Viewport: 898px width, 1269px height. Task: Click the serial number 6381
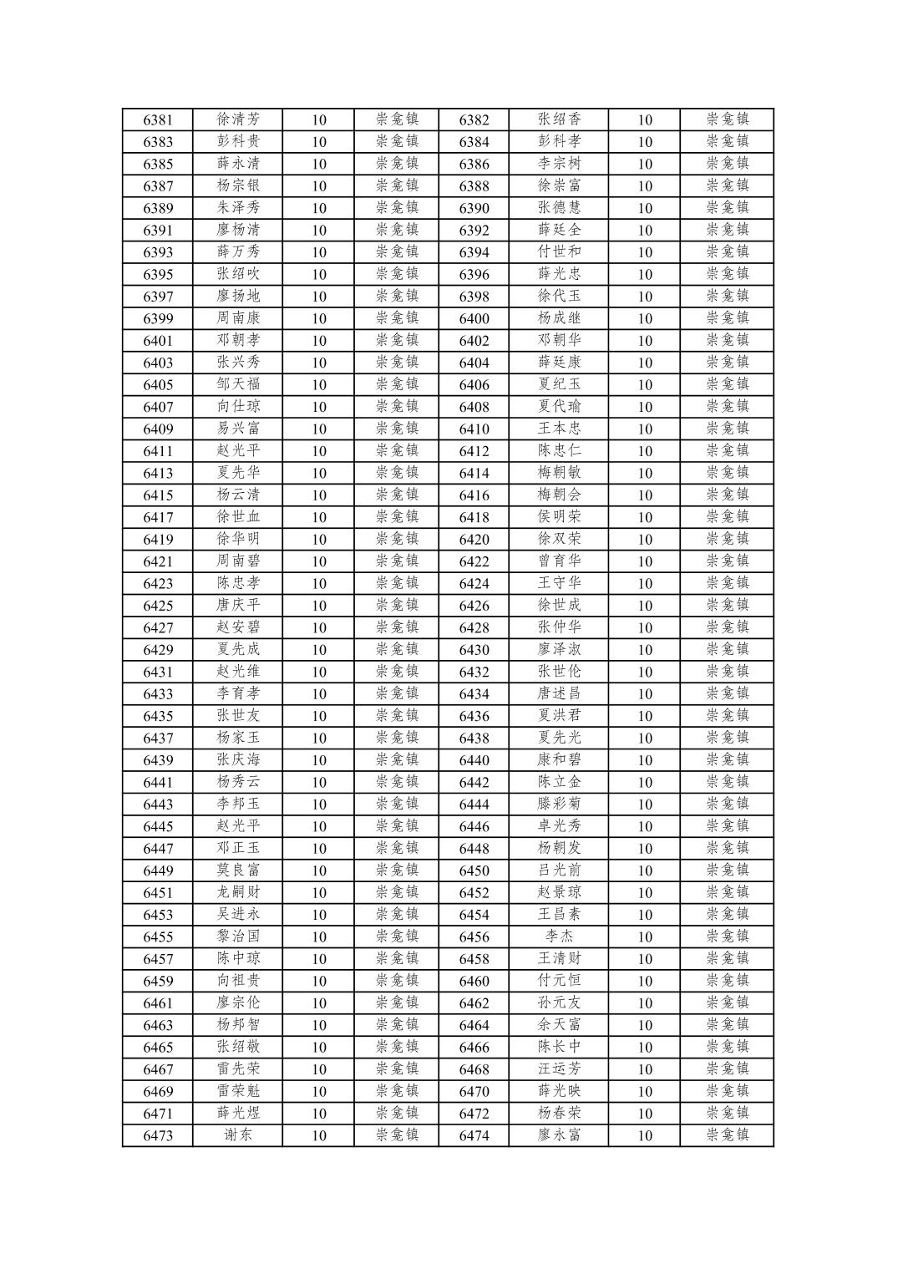[x=158, y=119]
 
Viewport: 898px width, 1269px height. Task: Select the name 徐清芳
[x=238, y=119]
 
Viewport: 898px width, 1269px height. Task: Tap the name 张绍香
[x=559, y=119]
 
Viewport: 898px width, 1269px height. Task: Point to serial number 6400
[x=474, y=318]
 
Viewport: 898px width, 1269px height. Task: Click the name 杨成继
[x=559, y=318]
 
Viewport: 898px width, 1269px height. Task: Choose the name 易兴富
[x=238, y=429]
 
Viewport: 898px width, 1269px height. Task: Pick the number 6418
[x=474, y=517]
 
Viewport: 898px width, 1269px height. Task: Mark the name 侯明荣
[x=559, y=517]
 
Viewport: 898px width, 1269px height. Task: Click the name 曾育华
[x=559, y=561]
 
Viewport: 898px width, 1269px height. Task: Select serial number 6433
[x=158, y=694]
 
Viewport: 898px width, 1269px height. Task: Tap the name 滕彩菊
[x=559, y=805]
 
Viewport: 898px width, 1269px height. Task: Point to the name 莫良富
[x=238, y=871]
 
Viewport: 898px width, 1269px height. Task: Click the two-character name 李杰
[x=559, y=937]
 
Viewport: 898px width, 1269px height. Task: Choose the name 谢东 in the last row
[x=238, y=1135]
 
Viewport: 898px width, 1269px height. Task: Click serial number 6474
[x=474, y=1135]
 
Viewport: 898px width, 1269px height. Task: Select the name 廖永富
[x=559, y=1135]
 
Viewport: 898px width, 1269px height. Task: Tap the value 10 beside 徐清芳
[x=319, y=119]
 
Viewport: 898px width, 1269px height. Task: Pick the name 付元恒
[x=559, y=981]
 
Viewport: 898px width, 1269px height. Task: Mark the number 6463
[x=158, y=1025]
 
